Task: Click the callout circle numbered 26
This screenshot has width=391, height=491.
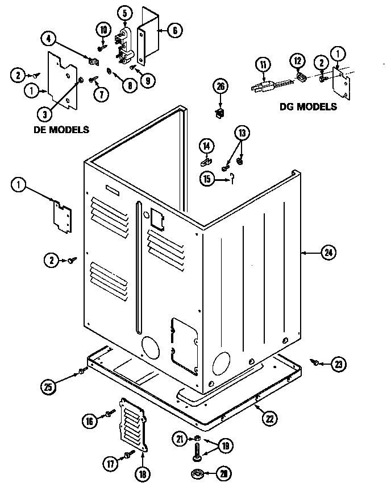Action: pyautogui.click(x=220, y=86)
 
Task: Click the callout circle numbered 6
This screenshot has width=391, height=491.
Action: pyautogui.click(x=175, y=30)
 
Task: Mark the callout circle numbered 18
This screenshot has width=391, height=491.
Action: pyautogui.click(x=141, y=473)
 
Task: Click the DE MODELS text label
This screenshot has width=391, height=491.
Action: pyautogui.click(x=61, y=130)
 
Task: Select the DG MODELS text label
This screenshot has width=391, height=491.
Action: pyautogui.click(x=307, y=106)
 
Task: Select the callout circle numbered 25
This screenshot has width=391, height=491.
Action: pyautogui.click(x=48, y=387)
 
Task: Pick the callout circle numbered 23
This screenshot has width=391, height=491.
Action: pyautogui.click(x=339, y=364)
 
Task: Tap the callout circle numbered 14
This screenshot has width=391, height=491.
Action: pyautogui.click(x=207, y=146)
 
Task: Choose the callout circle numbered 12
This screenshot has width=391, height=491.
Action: pyautogui.click(x=297, y=61)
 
